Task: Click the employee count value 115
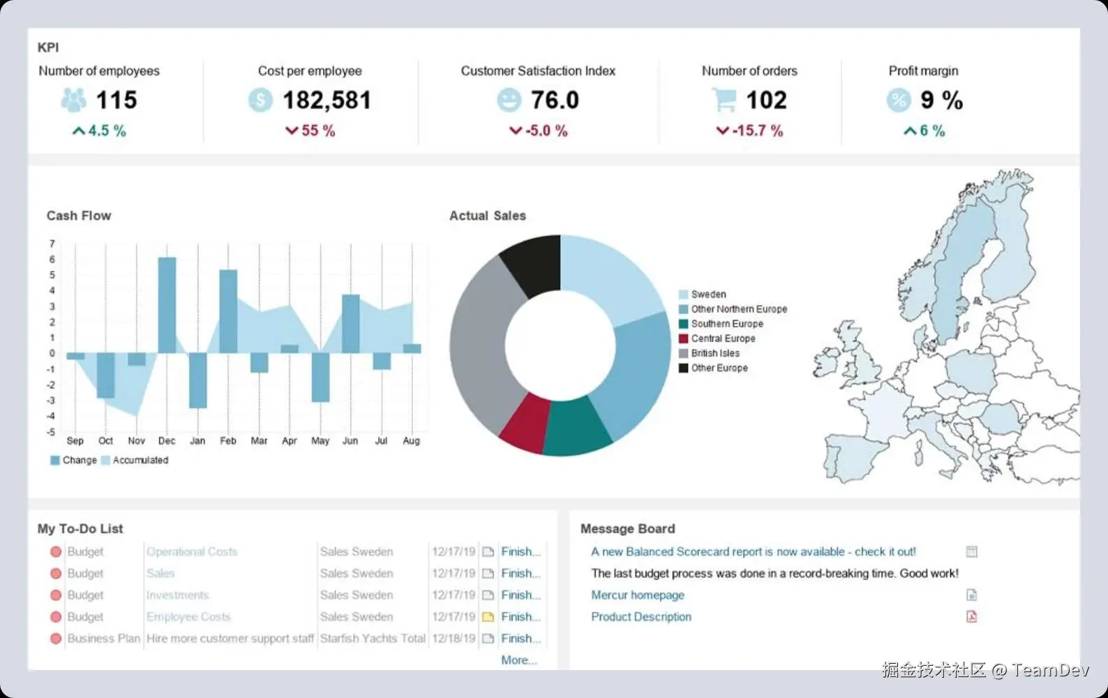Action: [116, 101]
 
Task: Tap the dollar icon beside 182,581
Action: [260, 101]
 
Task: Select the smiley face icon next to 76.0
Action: [509, 101]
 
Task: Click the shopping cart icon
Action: [724, 101]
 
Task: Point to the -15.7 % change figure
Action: [750, 131]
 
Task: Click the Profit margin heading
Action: [923, 70]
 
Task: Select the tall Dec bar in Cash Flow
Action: [167, 305]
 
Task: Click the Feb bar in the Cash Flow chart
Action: [228, 311]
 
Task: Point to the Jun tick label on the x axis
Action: [350, 440]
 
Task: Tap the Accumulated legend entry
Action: [140, 460]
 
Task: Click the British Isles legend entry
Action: [714, 353]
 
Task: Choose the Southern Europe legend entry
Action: [726, 324]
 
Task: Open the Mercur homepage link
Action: [638, 595]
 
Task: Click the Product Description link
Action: [641, 617]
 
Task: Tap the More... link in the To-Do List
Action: [519, 660]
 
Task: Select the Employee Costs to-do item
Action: [188, 617]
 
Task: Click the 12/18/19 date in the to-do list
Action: [454, 639]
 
